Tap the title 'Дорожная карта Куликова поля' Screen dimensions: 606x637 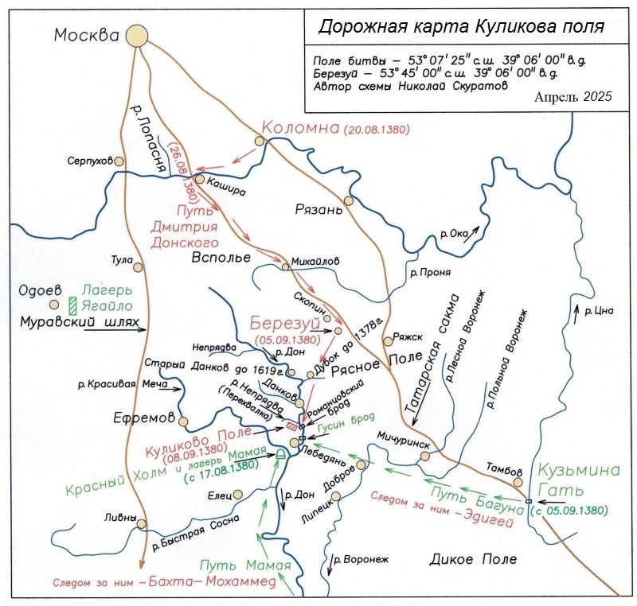(461, 26)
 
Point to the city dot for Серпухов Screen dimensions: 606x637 (119, 161)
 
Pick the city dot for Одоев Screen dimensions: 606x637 (54, 304)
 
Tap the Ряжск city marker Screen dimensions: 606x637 (387, 341)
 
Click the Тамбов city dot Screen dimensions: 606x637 (518, 482)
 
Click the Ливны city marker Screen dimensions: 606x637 (142, 524)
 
